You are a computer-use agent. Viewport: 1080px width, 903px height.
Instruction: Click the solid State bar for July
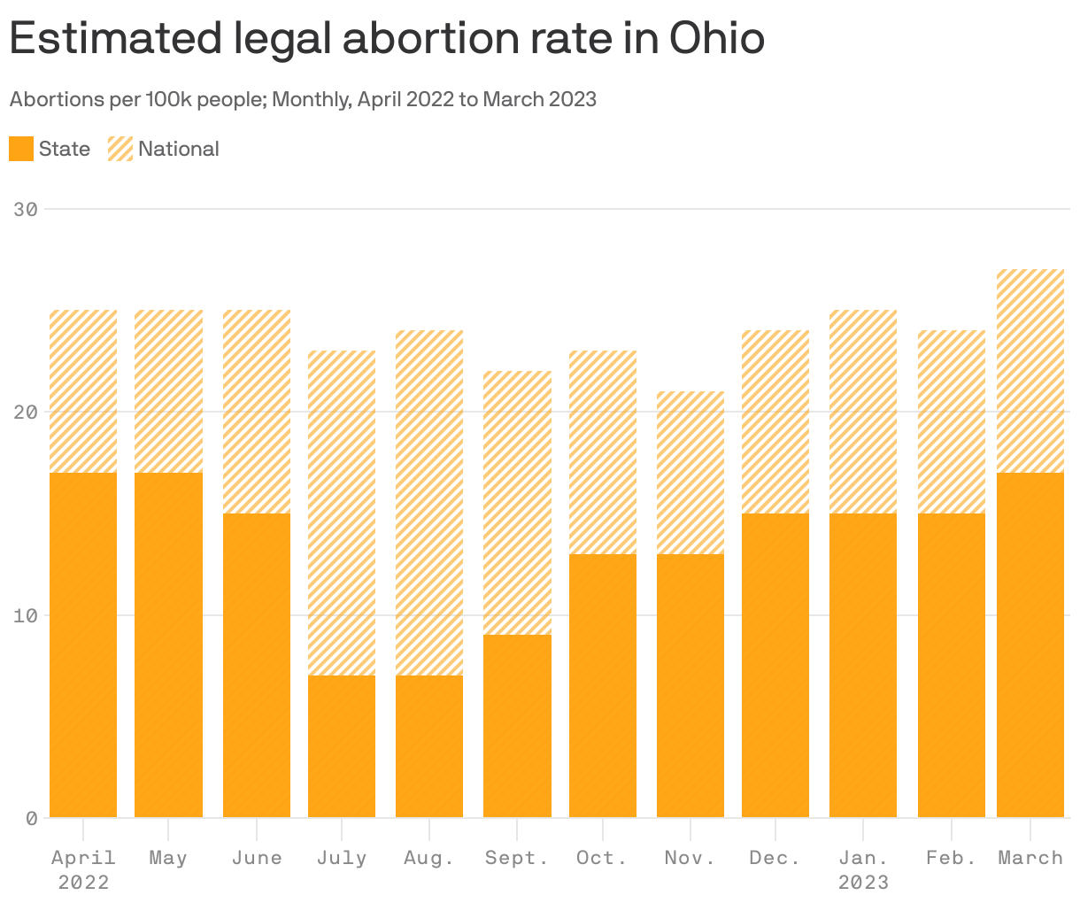(342, 746)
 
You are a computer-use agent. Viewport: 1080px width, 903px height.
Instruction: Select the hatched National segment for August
(429, 502)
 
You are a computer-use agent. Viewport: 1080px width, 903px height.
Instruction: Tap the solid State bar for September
(517, 726)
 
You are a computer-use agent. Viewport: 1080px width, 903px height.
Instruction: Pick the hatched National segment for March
(1030, 370)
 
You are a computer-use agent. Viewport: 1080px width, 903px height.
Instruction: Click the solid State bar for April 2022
(83, 644)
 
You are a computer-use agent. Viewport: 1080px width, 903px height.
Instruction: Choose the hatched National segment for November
(690, 472)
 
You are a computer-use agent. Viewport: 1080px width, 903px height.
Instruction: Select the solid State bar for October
(603, 685)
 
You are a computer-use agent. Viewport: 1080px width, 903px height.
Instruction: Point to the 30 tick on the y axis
(26, 210)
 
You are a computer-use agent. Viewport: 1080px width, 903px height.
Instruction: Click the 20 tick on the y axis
(26, 413)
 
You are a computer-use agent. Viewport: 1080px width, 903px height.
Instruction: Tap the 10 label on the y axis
(26, 615)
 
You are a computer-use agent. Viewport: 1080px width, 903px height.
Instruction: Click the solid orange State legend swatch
(21, 149)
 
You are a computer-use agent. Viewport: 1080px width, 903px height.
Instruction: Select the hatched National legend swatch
(120, 149)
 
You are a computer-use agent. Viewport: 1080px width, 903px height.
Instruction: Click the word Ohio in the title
(717, 38)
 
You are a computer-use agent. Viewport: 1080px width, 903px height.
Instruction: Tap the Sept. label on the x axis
(517, 858)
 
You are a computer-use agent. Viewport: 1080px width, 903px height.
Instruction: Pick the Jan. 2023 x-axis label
(863, 869)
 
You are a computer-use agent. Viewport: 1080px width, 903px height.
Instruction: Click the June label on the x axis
(257, 858)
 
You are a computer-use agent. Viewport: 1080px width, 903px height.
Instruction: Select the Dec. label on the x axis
(775, 858)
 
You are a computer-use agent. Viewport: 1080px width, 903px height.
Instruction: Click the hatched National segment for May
(168, 390)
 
